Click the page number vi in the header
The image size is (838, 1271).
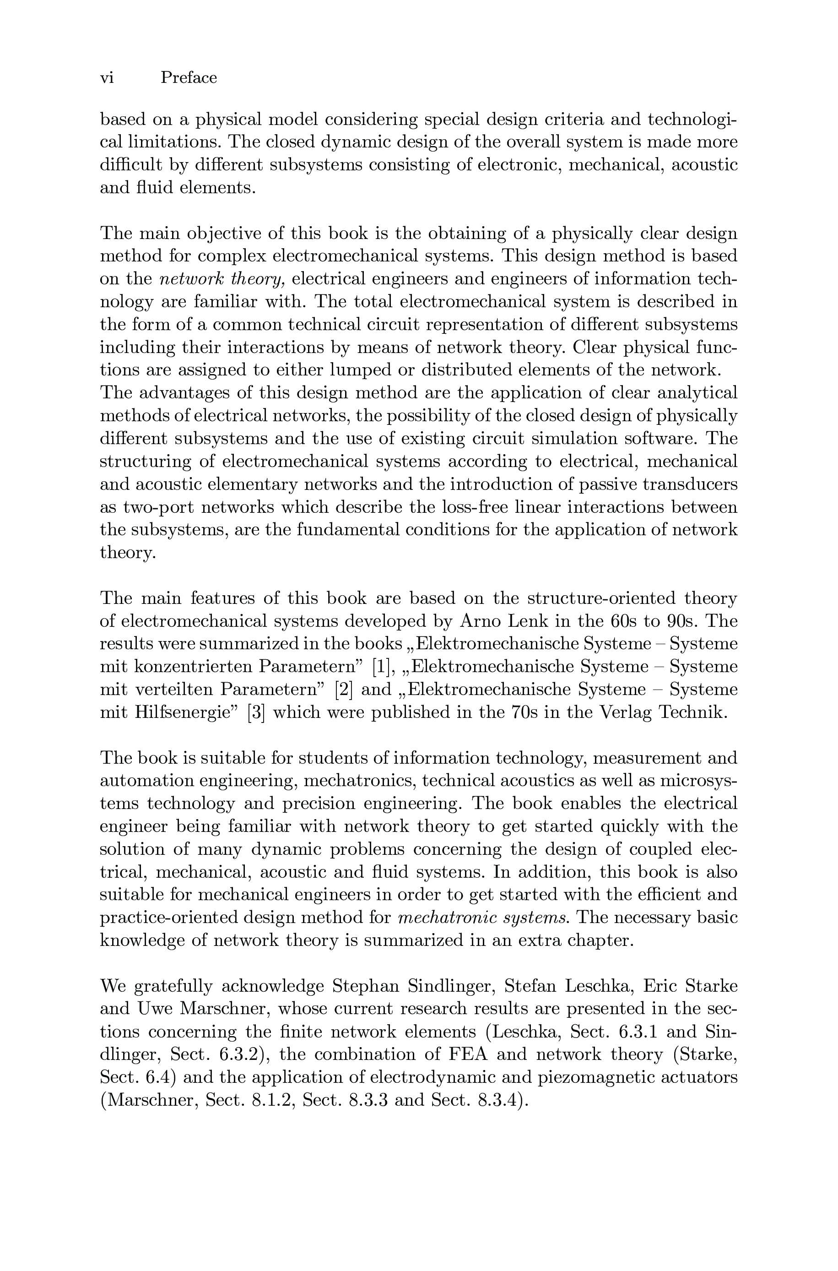tap(107, 78)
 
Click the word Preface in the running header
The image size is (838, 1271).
tap(189, 78)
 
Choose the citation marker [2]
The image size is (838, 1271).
tap(343, 690)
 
